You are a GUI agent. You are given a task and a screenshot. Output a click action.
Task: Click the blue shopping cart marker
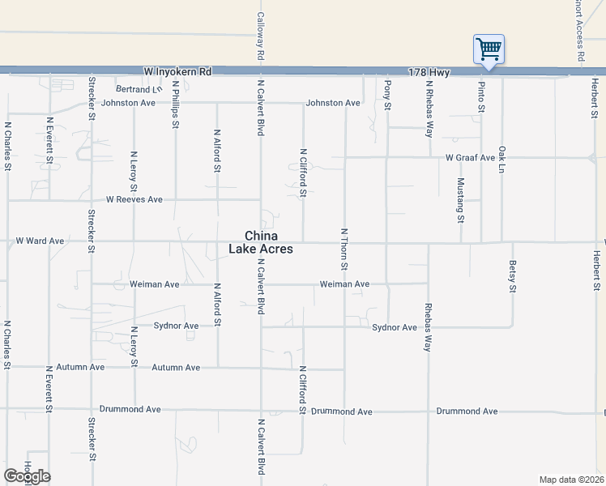(x=489, y=49)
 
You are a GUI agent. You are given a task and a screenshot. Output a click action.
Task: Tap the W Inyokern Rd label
(x=177, y=72)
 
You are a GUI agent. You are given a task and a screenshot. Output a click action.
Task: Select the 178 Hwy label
(x=429, y=72)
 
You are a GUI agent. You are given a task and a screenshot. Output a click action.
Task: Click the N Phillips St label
(x=175, y=104)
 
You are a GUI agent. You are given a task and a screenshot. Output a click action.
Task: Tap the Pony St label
(x=388, y=96)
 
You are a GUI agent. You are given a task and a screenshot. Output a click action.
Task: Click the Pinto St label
(x=481, y=96)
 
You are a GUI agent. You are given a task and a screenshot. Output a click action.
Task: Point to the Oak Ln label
(x=502, y=163)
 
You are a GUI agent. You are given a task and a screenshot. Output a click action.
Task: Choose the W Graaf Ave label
(x=469, y=157)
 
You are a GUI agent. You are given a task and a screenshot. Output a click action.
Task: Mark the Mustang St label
(x=460, y=200)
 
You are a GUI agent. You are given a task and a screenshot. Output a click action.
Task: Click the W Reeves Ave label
(x=134, y=199)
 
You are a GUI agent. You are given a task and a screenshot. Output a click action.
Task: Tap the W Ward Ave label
(x=41, y=241)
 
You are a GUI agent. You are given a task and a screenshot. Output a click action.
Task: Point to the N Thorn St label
(x=344, y=249)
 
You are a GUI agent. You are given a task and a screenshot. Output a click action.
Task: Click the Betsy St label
(x=513, y=276)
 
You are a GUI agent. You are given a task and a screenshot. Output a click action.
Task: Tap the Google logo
(x=27, y=476)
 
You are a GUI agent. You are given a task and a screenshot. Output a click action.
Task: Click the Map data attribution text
(x=572, y=480)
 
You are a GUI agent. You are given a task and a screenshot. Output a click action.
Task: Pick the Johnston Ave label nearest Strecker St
(x=127, y=103)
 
